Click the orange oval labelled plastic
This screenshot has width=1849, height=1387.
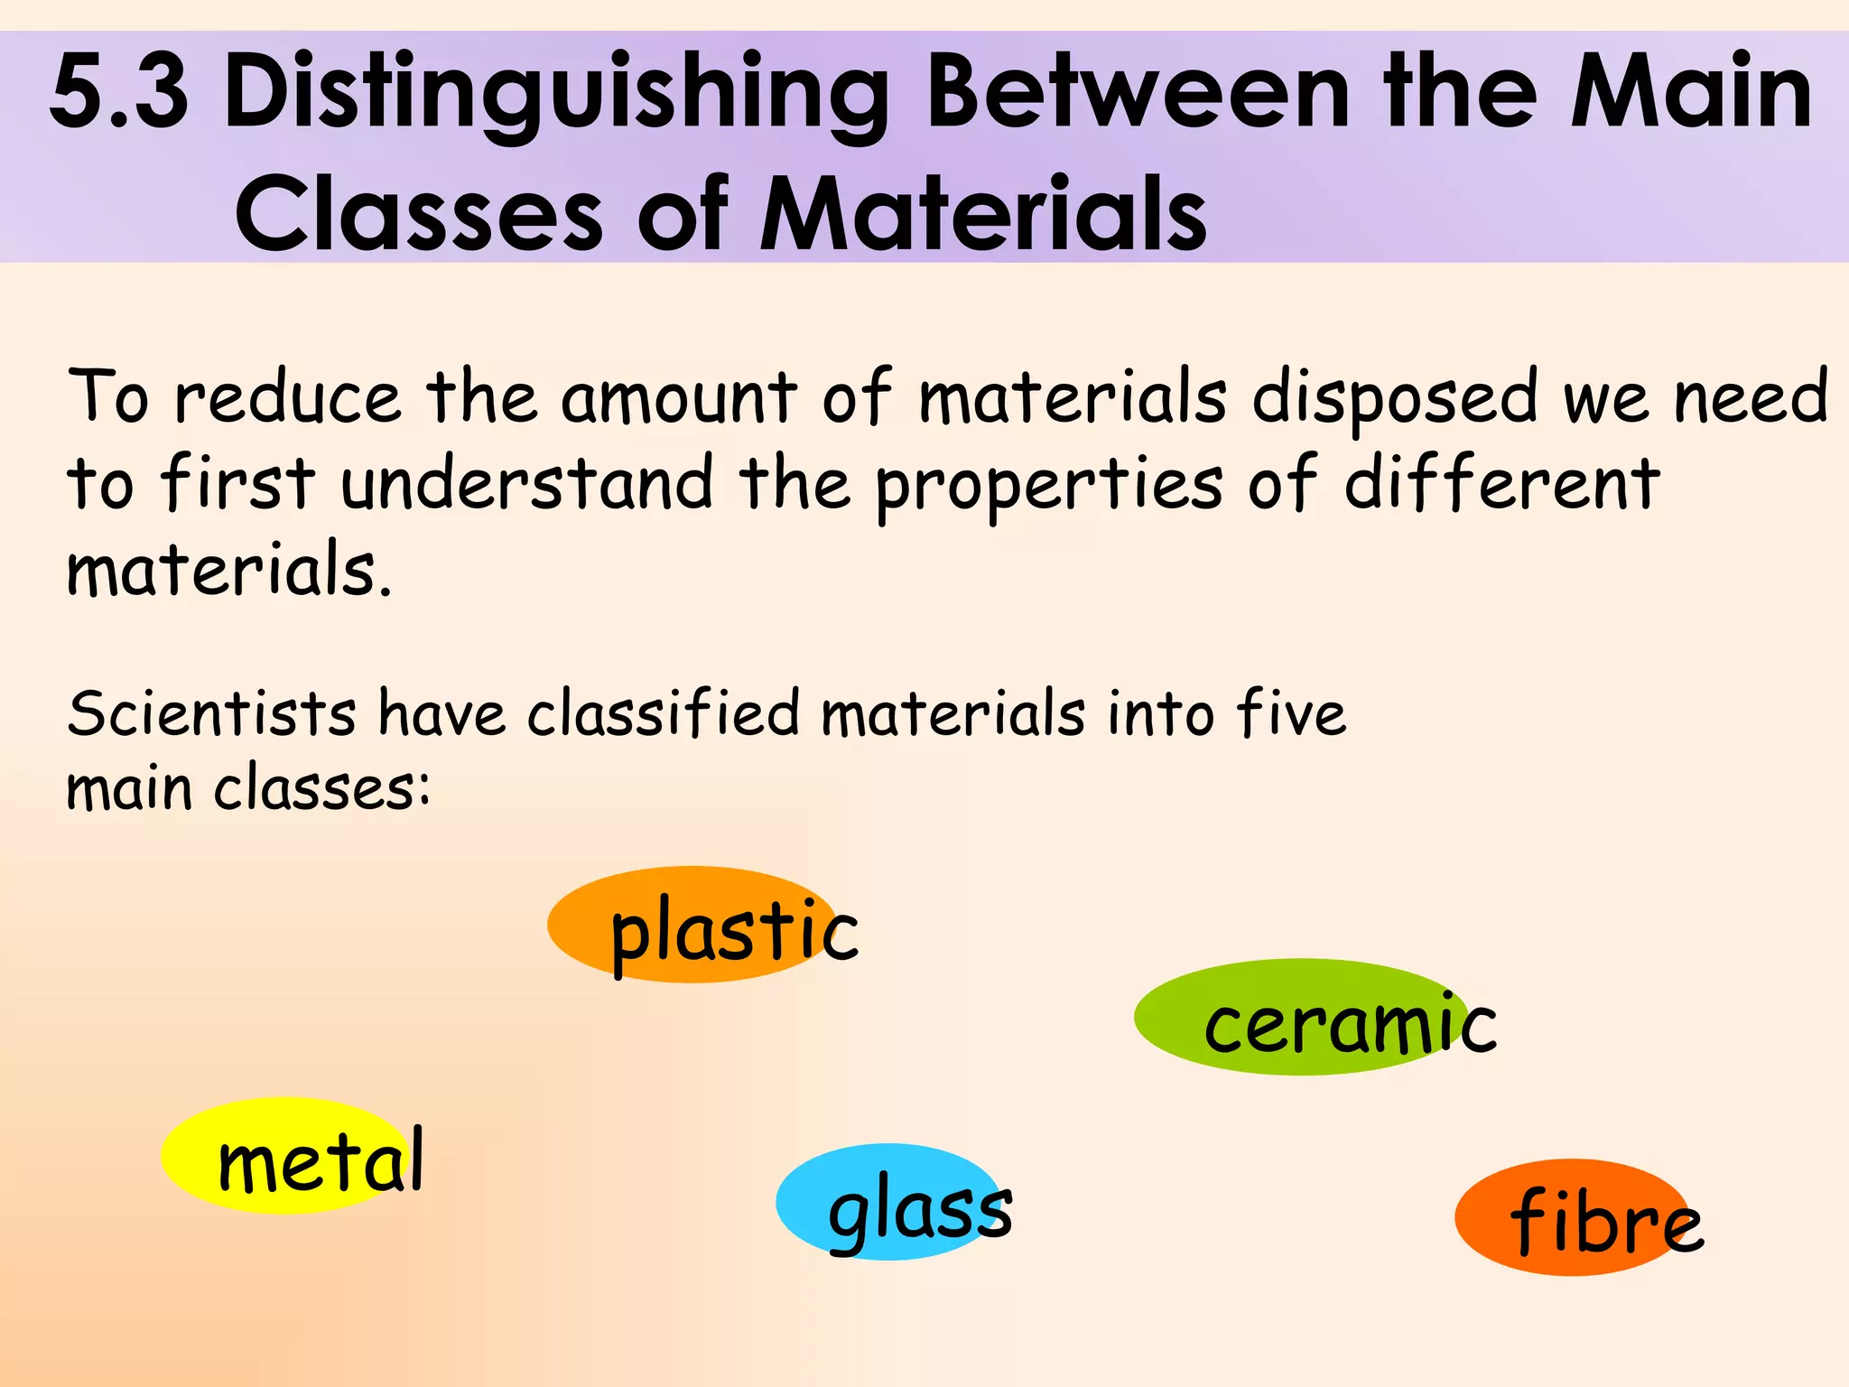click(693, 925)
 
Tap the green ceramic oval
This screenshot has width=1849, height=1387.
click(1291, 1017)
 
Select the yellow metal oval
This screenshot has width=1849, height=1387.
click(284, 1155)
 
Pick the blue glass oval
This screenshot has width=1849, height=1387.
click(889, 1202)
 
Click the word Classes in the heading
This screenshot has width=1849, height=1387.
click(419, 215)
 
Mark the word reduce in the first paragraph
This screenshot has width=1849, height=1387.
click(287, 397)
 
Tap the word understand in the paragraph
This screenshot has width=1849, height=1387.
click(527, 483)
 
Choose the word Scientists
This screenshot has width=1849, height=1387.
click(212, 713)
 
